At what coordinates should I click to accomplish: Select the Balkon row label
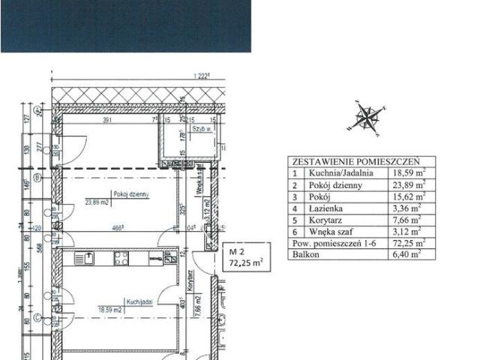click(307, 255)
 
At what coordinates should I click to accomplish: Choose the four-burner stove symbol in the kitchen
click(121, 259)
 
